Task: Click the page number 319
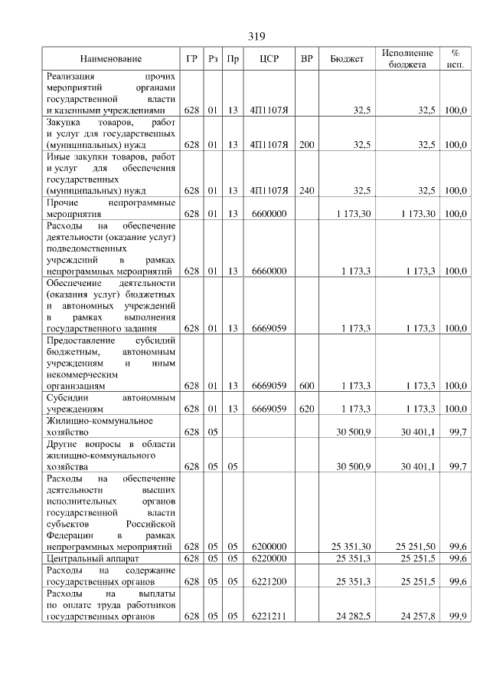(x=256, y=36)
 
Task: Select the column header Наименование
(x=111, y=59)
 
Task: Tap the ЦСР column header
(x=268, y=59)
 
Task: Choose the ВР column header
(x=307, y=59)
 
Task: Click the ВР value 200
(x=307, y=143)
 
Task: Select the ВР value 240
(x=307, y=190)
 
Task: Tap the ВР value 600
(x=307, y=386)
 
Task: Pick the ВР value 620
(x=307, y=409)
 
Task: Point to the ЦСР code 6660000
(x=268, y=271)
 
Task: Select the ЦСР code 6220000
(x=268, y=558)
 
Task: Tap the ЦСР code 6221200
(x=268, y=581)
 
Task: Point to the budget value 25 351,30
(x=351, y=547)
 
